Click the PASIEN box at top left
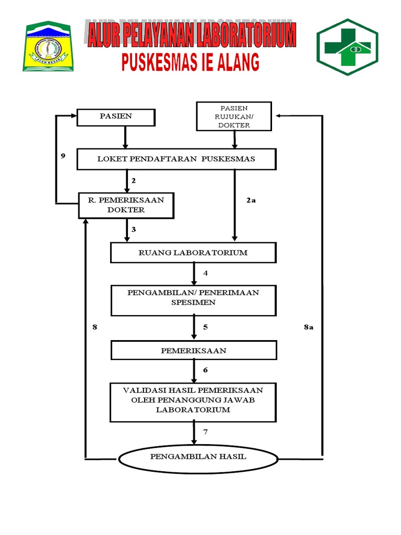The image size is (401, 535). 116,117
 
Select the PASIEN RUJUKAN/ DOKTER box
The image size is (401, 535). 234,117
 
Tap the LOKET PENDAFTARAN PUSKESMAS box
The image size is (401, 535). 176,159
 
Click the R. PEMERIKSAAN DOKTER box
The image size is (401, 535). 126,205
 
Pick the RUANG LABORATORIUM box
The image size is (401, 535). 193,253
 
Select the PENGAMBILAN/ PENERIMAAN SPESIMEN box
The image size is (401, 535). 193,300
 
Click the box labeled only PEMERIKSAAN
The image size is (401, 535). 193,351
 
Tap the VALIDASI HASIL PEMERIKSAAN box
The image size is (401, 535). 193,401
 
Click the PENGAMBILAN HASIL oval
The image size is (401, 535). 198,457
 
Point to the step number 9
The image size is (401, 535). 63,156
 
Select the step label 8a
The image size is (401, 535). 308,327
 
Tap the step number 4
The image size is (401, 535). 206,273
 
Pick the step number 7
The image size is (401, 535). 206,432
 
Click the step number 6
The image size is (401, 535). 206,370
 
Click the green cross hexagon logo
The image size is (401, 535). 347,46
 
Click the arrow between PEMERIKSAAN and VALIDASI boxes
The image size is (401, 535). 194,371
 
